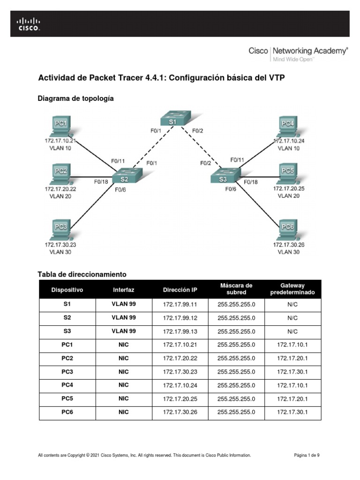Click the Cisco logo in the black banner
tap(29, 23)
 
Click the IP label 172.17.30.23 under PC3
tap(60, 245)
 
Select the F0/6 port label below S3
tap(231, 189)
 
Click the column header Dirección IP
tap(180, 290)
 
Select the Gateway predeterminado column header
tap(292, 289)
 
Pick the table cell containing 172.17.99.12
tap(180, 317)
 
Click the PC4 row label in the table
tap(67, 385)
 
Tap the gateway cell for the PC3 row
tap(292, 372)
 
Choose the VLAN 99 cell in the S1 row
tap(124, 304)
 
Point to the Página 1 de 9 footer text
tap(307, 455)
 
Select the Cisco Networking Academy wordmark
tap(298, 52)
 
